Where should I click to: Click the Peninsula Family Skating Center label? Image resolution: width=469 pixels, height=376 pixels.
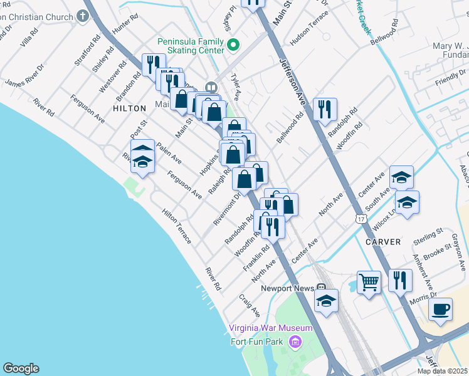190,45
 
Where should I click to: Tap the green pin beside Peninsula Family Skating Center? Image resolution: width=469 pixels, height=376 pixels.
233,44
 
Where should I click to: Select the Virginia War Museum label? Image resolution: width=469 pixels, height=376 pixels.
270,328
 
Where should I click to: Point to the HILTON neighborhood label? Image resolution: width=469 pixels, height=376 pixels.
129,108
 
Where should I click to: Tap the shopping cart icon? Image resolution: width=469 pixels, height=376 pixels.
369,282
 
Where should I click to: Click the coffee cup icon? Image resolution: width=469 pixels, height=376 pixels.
440,309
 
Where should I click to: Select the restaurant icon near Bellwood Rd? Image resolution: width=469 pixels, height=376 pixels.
325,109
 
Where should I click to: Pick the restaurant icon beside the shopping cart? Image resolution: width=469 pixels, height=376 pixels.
400,280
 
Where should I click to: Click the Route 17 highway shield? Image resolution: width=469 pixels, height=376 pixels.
360,218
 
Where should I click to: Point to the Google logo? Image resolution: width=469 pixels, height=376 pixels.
21,368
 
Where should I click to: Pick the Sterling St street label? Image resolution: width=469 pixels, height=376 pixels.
428,238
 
